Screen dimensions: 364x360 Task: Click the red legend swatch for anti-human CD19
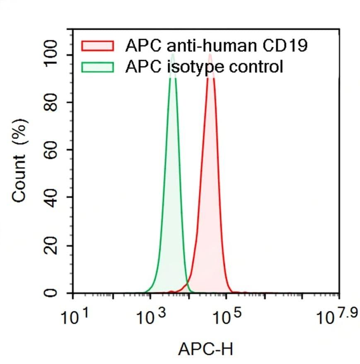tap(97, 45)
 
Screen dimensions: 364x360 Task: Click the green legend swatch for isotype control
tap(97, 67)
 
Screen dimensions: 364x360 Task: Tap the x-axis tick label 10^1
tap(74, 318)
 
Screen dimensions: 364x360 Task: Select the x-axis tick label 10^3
tap(150, 318)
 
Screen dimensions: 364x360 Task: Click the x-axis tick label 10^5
tap(226, 318)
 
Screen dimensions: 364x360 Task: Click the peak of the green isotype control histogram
tap(173, 55)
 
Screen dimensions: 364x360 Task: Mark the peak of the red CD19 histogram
tap(210, 55)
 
